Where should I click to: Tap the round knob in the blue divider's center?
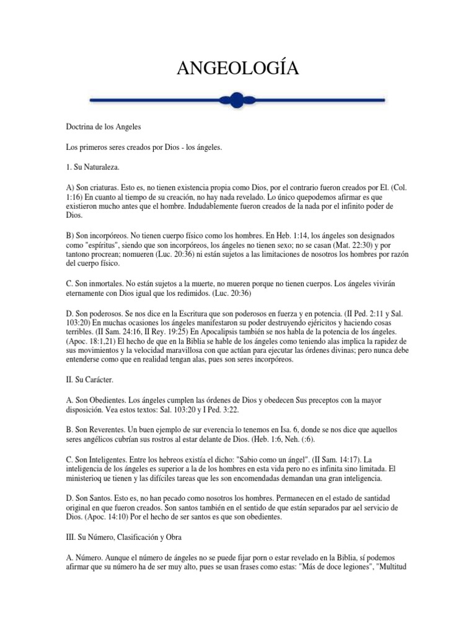[236, 98]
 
